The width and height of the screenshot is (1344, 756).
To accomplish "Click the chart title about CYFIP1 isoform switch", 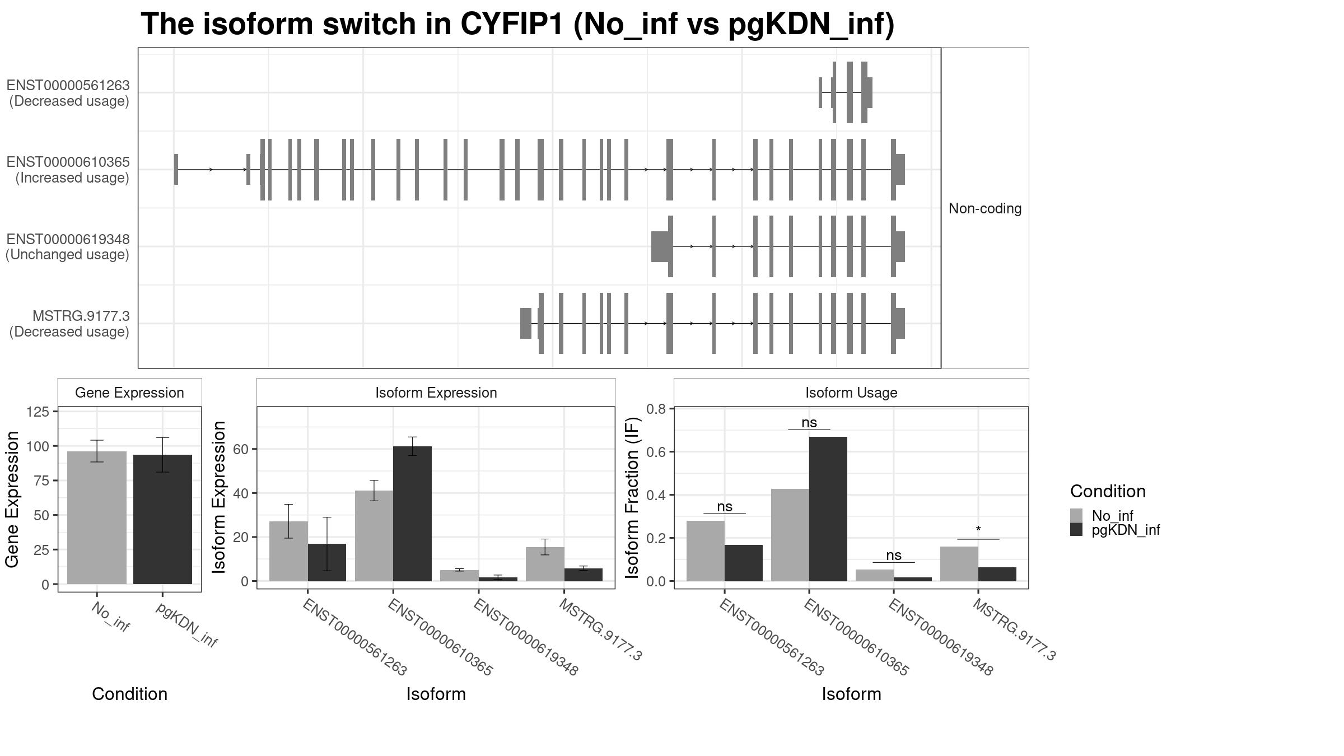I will point(517,25).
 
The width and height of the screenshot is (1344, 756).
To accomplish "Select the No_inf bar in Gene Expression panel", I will point(97,517).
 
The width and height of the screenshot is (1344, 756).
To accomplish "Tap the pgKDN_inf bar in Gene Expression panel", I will point(162,519).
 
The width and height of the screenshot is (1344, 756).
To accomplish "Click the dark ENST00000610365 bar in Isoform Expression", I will point(412,514).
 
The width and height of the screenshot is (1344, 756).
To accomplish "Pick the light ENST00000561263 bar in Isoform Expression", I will point(288,551).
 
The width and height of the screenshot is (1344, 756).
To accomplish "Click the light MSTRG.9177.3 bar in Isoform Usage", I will point(959,564).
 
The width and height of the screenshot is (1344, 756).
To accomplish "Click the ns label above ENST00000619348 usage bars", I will point(894,555).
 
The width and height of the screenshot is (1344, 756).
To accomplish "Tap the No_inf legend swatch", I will point(1076,515).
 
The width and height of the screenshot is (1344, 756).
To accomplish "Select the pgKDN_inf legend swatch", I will point(1076,530).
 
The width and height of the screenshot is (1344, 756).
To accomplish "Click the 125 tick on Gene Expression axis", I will point(38,412).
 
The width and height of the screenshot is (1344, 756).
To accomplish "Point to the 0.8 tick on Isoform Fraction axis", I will point(656,409).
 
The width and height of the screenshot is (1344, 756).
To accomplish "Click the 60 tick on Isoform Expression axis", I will point(240,449).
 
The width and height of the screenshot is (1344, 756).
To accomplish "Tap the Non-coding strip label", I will point(984,208).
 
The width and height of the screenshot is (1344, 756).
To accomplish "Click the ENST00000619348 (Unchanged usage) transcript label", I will point(68,247).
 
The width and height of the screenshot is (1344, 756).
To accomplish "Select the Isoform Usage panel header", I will point(851,393).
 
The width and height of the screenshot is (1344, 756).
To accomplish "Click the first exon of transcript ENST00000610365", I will point(176,169).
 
